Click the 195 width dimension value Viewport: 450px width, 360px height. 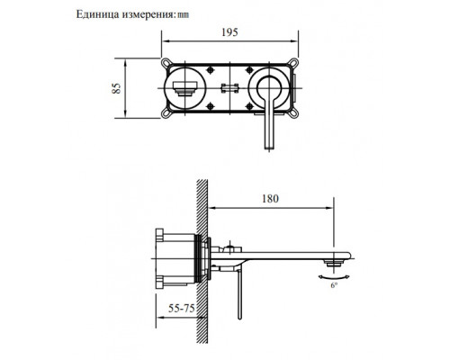pos(229,33)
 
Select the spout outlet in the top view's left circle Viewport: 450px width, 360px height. pos(186,89)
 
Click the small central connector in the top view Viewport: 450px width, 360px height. pos(229,89)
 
